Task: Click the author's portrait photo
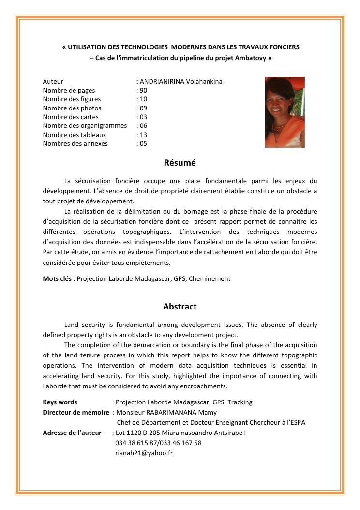coord(285,112)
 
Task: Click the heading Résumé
coord(180,163)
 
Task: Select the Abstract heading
coord(180,307)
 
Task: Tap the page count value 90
coord(143,90)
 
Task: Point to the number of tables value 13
coord(143,135)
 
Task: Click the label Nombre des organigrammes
coord(85,126)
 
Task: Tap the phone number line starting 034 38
coord(158,443)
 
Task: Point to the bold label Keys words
coord(60,402)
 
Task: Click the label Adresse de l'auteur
coord(72,433)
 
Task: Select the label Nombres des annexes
coord(75,143)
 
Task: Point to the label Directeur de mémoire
coord(76,412)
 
